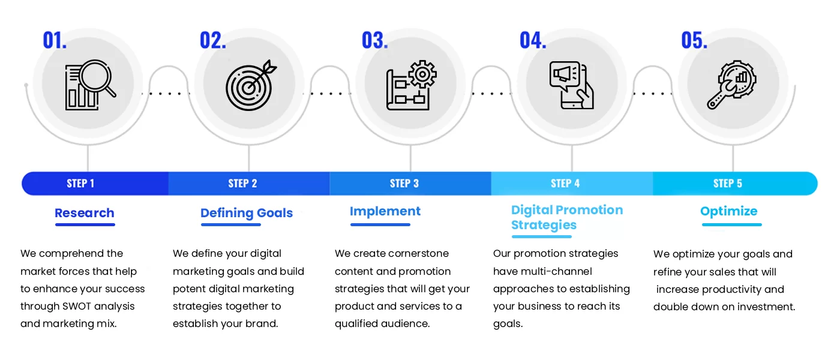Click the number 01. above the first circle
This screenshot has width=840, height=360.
tap(55, 40)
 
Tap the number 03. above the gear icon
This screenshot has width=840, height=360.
tap(374, 40)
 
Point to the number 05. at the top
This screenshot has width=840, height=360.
tap(694, 40)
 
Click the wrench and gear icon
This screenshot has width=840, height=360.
tap(731, 86)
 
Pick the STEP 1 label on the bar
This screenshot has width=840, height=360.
tap(80, 184)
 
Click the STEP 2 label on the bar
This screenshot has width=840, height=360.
tap(242, 184)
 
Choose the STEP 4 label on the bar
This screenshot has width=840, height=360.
tap(565, 184)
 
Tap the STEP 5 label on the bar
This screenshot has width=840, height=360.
tap(727, 184)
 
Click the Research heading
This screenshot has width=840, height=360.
tap(84, 213)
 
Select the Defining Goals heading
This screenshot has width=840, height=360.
tap(247, 213)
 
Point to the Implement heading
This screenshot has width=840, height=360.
tap(385, 211)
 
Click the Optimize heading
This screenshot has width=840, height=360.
tap(729, 211)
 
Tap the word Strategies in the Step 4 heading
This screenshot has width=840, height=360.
tap(544, 226)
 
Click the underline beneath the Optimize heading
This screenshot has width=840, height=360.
tap(731, 225)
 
